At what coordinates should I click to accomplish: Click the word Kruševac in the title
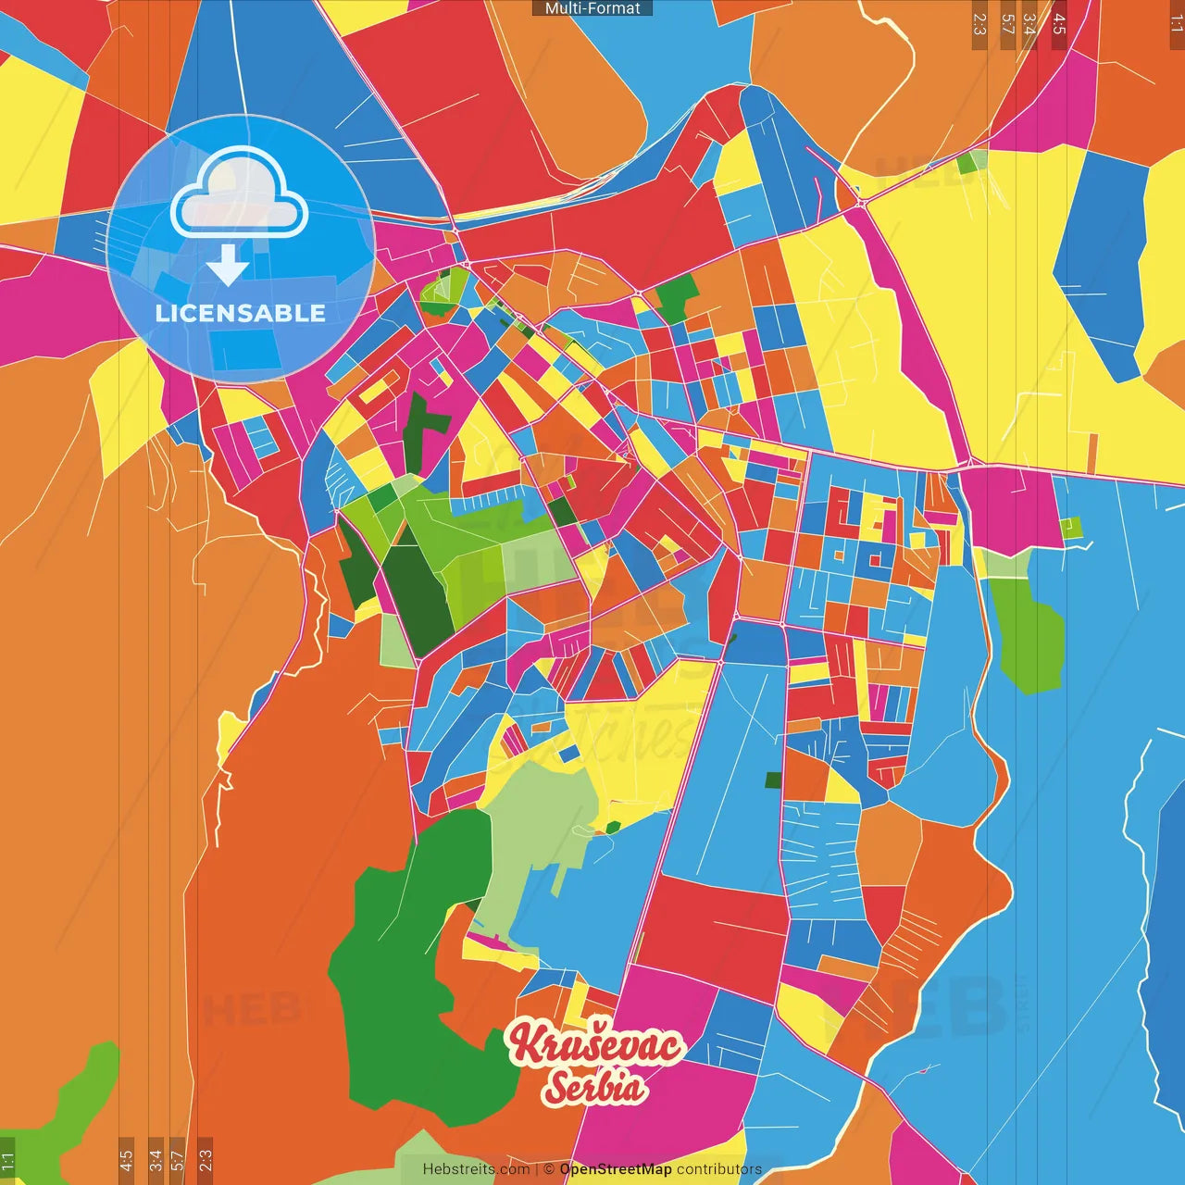pyautogui.click(x=596, y=1044)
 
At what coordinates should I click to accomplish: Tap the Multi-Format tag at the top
pyautogui.click(x=592, y=8)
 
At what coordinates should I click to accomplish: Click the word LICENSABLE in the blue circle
pyautogui.click(x=241, y=313)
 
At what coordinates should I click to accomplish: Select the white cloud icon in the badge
pyautogui.click(x=240, y=193)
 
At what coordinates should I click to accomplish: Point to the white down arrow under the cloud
pyautogui.click(x=228, y=264)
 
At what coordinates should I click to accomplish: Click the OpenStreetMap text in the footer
pyautogui.click(x=615, y=1169)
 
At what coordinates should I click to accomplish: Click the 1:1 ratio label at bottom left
pyautogui.click(x=7, y=1161)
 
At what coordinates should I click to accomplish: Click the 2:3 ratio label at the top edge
pyautogui.click(x=979, y=24)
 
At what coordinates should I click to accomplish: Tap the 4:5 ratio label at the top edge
pyautogui.click(x=1059, y=24)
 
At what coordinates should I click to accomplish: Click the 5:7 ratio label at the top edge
pyautogui.click(x=1007, y=24)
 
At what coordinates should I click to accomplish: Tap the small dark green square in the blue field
pyautogui.click(x=773, y=780)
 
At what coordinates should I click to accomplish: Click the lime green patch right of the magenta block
pyautogui.click(x=1072, y=528)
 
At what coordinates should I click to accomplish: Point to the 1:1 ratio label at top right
pyautogui.click(x=1176, y=24)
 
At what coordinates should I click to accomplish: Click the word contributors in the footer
pyautogui.click(x=718, y=1169)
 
